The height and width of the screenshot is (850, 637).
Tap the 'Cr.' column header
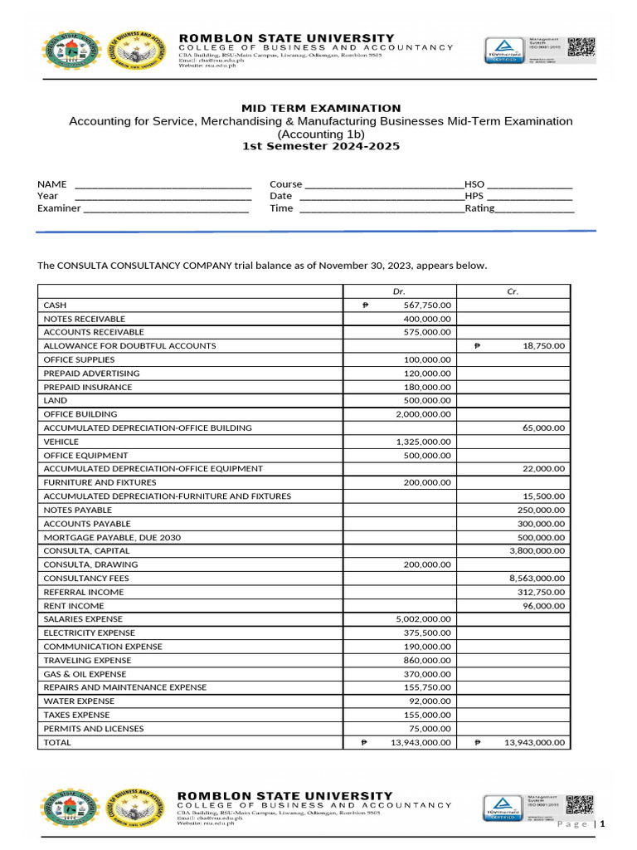click(x=513, y=291)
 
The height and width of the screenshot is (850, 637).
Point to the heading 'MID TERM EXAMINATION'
click(x=309, y=108)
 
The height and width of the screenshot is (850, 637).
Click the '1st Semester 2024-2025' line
click(x=320, y=146)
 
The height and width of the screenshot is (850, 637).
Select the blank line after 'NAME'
click(x=163, y=184)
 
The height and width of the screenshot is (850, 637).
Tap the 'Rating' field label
click(x=479, y=208)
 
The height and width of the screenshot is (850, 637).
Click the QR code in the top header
click(x=581, y=48)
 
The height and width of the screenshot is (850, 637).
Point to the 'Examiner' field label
click(x=59, y=208)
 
